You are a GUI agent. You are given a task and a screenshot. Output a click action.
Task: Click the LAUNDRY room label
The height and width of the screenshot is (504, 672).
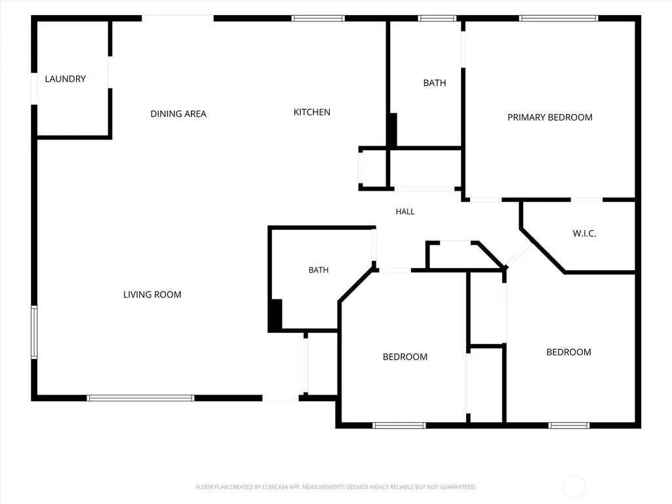65,79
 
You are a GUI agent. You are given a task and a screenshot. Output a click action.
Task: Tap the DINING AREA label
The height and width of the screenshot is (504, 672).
178,113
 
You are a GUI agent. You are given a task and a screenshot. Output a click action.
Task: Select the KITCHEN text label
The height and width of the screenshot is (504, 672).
311,112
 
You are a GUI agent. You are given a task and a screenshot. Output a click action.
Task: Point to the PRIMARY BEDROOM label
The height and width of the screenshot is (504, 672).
550,117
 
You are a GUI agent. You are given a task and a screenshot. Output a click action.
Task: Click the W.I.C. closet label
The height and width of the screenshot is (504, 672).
584,233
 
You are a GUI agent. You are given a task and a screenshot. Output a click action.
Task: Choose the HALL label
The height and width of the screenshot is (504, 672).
405,211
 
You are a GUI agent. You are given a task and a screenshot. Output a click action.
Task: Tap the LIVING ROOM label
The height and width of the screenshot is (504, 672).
152,294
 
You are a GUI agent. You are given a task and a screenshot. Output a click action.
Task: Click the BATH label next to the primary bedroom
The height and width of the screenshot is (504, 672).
435,83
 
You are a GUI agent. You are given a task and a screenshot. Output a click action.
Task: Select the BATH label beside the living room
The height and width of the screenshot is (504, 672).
319,270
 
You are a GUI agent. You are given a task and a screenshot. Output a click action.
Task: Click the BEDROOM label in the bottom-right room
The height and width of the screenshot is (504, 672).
568,353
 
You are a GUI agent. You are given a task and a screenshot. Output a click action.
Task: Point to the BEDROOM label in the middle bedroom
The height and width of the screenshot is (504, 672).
405,357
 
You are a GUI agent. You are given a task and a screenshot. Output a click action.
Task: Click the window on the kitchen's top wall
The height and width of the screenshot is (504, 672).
318,18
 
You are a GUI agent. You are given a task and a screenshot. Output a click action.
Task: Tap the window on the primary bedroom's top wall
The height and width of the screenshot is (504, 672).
559,18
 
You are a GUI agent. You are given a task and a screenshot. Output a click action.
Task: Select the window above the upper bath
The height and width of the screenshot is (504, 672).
437,18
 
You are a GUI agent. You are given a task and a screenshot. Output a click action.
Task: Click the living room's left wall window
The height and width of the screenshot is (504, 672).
34,332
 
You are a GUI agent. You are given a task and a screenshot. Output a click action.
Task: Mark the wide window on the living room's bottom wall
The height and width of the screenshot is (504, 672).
140,398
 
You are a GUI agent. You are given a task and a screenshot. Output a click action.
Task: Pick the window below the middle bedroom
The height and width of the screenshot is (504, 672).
399,425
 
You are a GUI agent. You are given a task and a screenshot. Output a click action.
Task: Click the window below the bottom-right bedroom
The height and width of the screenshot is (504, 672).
569,425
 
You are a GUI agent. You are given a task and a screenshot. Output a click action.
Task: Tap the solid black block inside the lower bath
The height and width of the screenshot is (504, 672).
275,315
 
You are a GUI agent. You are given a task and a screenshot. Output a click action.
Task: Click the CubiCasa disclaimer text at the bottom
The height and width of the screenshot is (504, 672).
336,487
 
